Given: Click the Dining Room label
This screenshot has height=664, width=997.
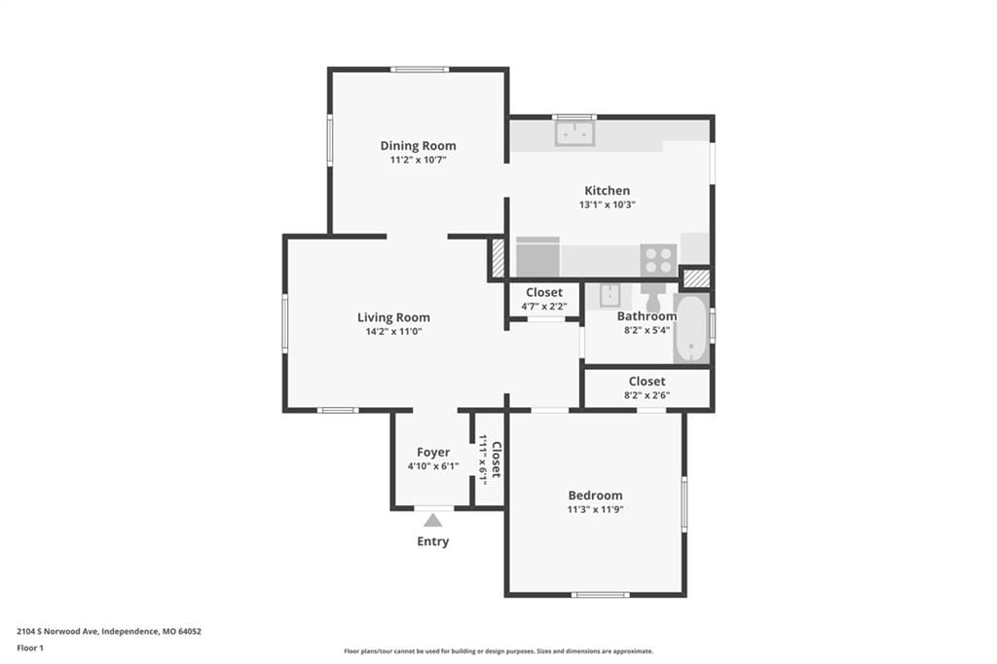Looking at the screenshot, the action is (x=418, y=146).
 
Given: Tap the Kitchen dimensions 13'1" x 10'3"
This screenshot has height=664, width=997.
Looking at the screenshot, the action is (x=608, y=204).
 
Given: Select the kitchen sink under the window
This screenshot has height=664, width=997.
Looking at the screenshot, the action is (x=574, y=133).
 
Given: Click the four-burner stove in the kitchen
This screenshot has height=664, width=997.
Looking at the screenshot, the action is (x=658, y=260).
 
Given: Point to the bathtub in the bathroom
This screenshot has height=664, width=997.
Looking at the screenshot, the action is (x=690, y=329).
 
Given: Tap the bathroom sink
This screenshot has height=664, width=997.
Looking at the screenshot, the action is (x=609, y=296).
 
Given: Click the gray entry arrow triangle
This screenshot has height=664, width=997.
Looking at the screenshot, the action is (x=433, y=520).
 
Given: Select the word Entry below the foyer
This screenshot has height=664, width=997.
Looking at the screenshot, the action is (x=433, y=541).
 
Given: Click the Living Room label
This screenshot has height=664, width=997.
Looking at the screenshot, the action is (x=393, y=317).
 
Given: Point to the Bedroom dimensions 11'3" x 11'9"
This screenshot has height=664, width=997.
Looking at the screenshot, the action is (x=595, y=509).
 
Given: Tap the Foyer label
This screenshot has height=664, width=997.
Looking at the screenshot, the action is (x=433, y=452).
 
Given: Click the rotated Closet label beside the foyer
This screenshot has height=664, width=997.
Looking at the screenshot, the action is (x=497, y=460).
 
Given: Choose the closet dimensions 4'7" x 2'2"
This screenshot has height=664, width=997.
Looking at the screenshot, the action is (x=544, y=307).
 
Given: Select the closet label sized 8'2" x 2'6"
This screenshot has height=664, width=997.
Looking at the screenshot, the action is (x=647, y=382).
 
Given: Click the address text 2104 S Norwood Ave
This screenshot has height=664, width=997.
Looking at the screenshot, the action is (x=57, y=632).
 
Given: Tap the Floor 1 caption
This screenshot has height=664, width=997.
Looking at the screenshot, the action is (x=30, y=648).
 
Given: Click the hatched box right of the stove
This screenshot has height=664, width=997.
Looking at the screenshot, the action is (x=696, y=277).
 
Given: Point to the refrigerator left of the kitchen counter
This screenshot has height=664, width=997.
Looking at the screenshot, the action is (x=537, y=257).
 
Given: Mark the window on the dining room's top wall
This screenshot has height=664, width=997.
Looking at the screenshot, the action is (x=420, y=69).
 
